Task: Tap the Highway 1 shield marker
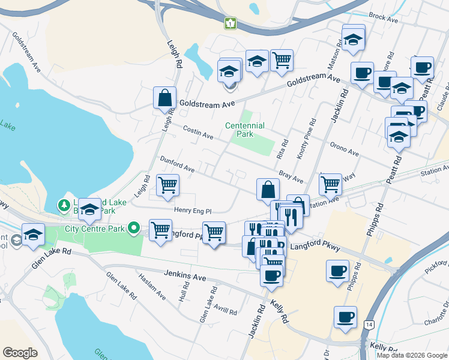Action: click(x=230, y=23)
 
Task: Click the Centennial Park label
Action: click(x=244, y=130)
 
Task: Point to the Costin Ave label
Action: click(x=198, y=133)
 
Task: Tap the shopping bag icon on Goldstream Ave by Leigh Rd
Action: click(x=164, y=98)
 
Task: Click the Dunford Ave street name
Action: click(x=177, y=164)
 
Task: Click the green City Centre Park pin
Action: click(x=136, y=229)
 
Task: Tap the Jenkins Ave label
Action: click(x=185, y=276)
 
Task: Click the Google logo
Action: click(x=20, y=353)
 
